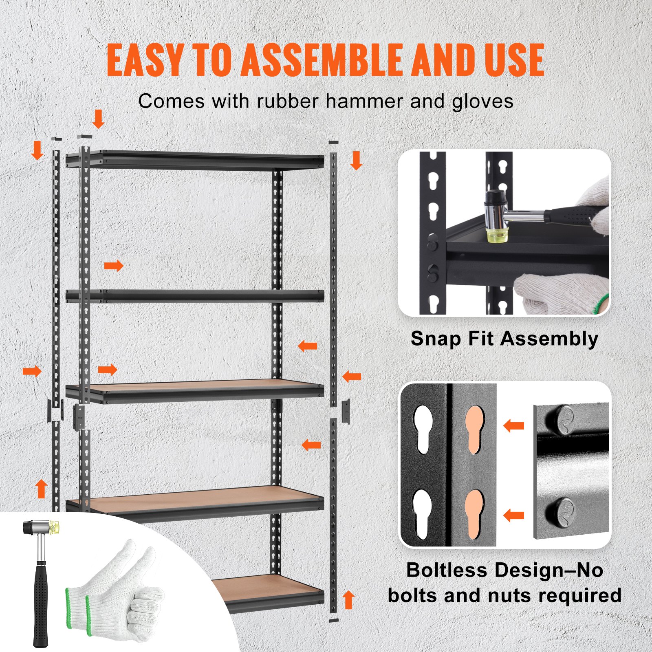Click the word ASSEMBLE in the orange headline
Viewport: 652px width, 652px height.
click(324, 60)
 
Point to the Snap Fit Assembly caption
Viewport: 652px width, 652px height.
click(504, 339)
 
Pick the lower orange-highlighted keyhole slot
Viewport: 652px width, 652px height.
click(474, 514)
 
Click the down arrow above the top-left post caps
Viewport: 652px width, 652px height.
click(98, 119)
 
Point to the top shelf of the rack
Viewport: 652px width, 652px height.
click(196, 160)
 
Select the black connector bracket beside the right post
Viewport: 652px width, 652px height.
click(346, 411)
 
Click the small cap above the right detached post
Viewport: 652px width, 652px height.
click(333, 142)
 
